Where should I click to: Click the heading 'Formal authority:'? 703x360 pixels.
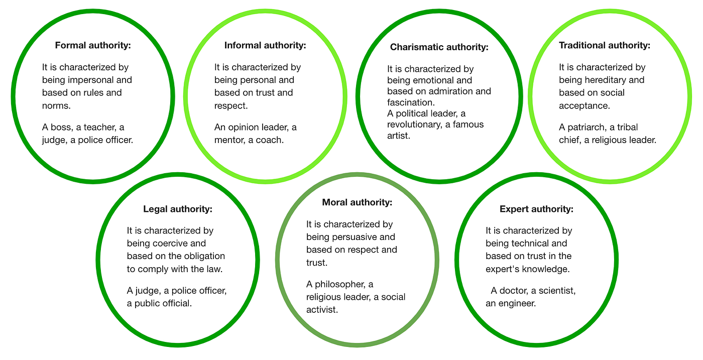[92, 45]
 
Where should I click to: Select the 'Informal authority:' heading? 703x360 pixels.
[265, 45]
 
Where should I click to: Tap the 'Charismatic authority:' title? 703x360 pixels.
[439, 47]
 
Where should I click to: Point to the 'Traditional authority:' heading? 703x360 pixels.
[604, 45]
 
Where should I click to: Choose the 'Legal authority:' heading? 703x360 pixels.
[178, 209]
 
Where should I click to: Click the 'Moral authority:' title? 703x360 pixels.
[357, 202]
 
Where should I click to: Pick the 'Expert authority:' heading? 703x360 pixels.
[536, 209]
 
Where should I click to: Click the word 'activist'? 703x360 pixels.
[322, 310]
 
